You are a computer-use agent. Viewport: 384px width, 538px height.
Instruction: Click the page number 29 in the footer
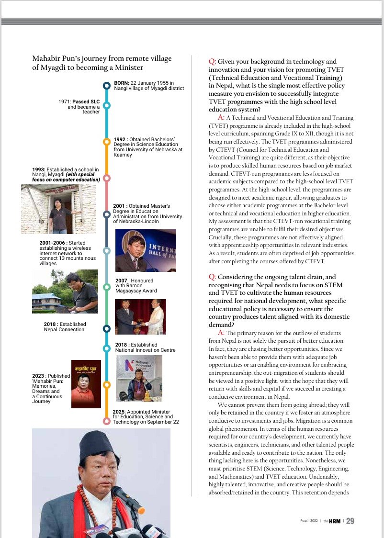pos(350,521)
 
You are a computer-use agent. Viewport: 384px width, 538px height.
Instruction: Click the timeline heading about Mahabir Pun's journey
pos(102,63)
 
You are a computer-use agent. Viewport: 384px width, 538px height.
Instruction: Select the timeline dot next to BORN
pos(107,86)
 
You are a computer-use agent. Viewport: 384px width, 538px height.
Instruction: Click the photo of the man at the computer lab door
pos(58,209)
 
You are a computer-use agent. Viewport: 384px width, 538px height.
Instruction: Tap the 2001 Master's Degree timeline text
pos(147,213)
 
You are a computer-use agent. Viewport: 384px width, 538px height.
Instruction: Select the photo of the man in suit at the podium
pos(146,250)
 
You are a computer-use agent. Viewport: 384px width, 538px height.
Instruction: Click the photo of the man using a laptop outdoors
pos(65,291)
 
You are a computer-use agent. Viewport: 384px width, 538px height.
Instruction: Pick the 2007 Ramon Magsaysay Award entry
pos(136,285)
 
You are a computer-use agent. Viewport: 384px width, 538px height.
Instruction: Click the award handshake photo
pos(140,316)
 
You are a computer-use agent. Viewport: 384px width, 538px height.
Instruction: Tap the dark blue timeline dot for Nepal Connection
pos(107,328)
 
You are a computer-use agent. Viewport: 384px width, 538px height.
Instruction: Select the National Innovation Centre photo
pos(139,378)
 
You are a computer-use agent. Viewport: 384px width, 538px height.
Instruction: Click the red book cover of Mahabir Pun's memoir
pos(86,384)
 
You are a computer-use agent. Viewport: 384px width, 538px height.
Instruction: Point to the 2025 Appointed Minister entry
pos(146,417)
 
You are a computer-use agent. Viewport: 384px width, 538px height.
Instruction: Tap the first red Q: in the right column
pos(213,62)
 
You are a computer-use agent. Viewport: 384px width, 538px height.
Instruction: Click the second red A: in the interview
pos(221,332)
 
